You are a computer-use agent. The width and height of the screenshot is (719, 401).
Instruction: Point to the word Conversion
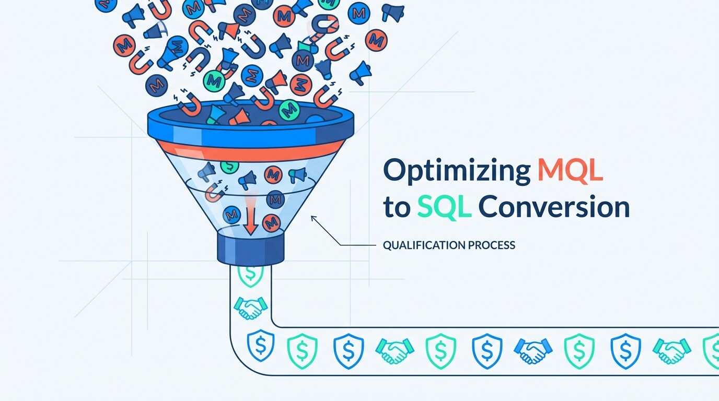tap(554, 207)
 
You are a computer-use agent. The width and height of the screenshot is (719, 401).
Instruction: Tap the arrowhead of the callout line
tap(313, 217)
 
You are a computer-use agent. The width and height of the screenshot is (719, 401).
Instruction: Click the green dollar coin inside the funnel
tap(229, 166)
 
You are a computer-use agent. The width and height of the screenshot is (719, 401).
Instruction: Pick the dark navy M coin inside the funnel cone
tap(275, 198)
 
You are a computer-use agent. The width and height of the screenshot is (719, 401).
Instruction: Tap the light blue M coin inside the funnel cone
tap(231, 214)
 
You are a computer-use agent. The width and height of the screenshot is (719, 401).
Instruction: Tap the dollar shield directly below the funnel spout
tap(251, 274)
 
